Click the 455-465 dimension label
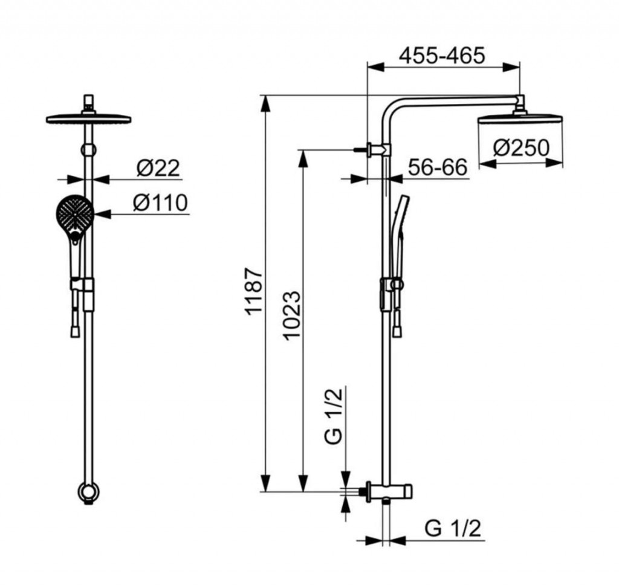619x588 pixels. tap(441, 56)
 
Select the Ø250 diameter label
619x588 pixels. tap(521, 147)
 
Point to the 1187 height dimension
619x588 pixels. tap(253, 291)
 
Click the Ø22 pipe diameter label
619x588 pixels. tap(158, 168)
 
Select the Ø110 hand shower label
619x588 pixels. tap(160, 202)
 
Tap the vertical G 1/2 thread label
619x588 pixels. tap(334, 416)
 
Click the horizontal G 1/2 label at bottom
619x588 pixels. tap(453, 528)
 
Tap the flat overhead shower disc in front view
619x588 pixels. tap(88, 118)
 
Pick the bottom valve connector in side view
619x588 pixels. tap(389, 492)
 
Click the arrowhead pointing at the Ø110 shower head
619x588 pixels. tap(102, 214)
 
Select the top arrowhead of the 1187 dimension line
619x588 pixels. tap(267, 104)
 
